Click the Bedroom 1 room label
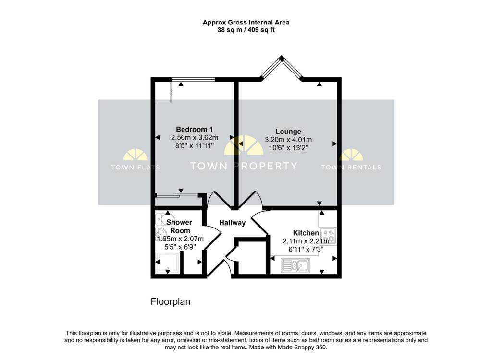[x=194, y=129]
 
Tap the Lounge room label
[x=288, y=132]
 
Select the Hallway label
[x=233, y=223]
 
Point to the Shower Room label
[x=179, y=226]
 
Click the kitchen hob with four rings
[x=329, y=235]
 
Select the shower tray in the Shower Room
[x=168, y=264]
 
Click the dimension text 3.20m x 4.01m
[x=288, y=140]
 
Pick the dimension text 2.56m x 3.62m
[x=194, y=137]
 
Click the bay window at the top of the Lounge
[x=281, y=68]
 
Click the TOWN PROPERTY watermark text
[x=244, y=167]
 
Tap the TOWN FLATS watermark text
[x=135, y=168]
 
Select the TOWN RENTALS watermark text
[x=351, y=168]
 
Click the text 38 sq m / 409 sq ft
[x=246, y=30]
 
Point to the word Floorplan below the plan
[x=171, y=302]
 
